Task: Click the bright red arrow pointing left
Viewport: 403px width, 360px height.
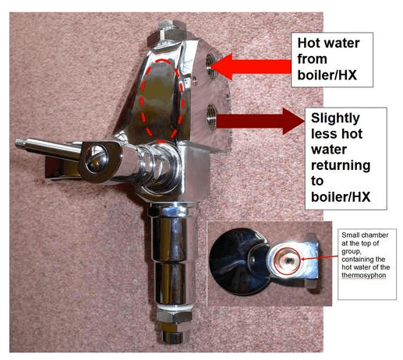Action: [251, 66]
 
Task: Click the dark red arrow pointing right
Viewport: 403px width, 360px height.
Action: [260, 122]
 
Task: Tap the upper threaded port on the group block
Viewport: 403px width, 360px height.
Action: [212, 65]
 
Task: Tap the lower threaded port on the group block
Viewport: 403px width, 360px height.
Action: [212, 117]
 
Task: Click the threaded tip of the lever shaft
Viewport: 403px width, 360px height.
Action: [19, 143]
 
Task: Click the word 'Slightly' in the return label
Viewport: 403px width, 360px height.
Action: [335, 119]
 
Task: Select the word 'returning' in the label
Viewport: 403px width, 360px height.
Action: [341, 166]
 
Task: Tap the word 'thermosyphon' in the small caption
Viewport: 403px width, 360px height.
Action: [363, 275]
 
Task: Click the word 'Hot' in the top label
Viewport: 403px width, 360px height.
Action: [309, 43]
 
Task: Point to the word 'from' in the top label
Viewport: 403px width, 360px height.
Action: [312, 59]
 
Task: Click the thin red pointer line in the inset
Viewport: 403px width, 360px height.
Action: [320, 258]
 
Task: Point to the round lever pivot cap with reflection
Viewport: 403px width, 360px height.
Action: [96, 159]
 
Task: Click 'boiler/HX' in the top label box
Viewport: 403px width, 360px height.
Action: [327, 76]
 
